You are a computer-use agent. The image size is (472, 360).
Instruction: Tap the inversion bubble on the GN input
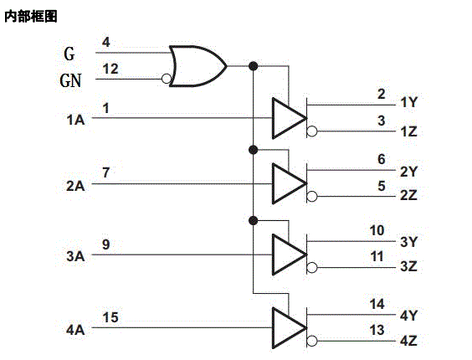point(167,80)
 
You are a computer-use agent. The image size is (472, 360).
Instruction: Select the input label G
point(70,54)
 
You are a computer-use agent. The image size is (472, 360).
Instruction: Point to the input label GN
point(72,81)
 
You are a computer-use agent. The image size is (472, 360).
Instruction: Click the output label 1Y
point(408,103)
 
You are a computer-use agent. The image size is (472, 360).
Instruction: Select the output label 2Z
point(408,195)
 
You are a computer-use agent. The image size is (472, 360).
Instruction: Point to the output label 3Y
point(408,243)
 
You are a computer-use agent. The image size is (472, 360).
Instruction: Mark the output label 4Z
point(408,341)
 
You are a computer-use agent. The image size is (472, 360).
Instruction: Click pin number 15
point(110,317)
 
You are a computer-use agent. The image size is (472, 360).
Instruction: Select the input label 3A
point(75,256)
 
